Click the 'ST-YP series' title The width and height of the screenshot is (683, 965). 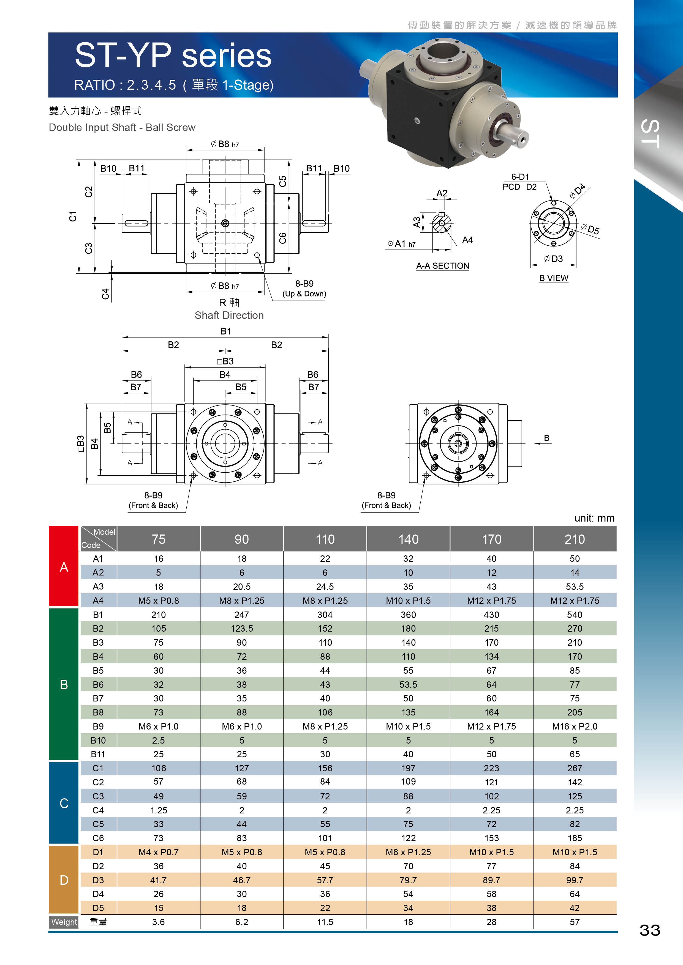click(x=173, y=56)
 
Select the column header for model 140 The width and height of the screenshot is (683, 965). click(x=408, y=539)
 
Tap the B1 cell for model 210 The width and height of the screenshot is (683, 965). click(x=575, y=615)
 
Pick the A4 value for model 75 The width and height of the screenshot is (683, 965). click(x=159, y=601)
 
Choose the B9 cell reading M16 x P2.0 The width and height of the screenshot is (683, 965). click(x=575, y=726)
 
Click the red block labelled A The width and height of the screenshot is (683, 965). click(x=64, y=567)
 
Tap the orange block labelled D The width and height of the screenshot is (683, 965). click(x=64, y=880)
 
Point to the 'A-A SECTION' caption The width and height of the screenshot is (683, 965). click(x=442, y=266)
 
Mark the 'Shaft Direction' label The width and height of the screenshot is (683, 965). click(x=229, y=315)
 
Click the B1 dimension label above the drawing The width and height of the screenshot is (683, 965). click(x=226, y=331)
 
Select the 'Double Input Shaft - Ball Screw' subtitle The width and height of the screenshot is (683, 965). click(x=122, y=127)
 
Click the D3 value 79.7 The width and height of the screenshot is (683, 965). click(x=408, y=880)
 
